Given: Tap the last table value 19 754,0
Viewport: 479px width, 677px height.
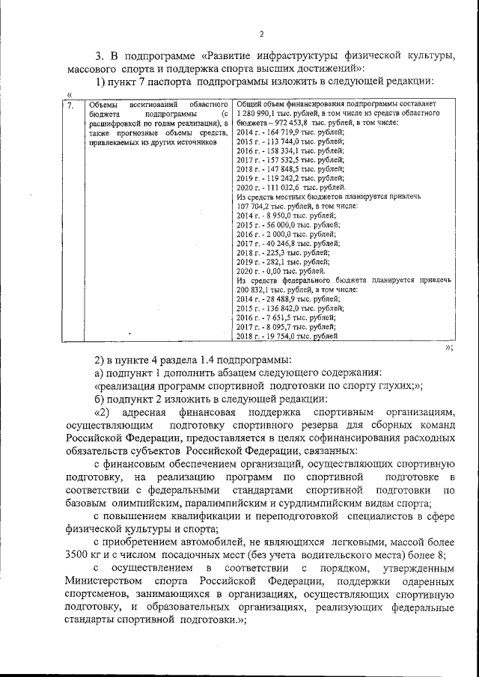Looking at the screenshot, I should point(280,336).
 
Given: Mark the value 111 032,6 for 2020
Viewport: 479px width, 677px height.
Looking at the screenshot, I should point(282,187).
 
